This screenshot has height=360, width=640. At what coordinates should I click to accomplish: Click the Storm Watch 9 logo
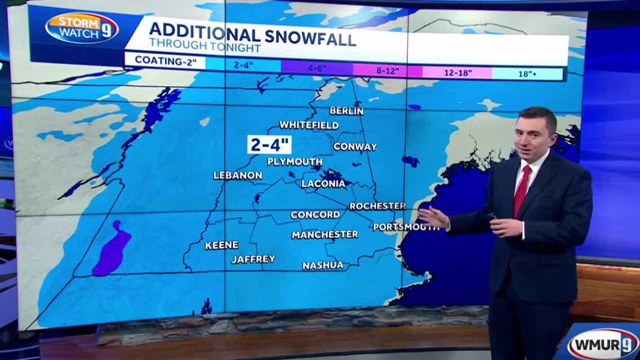(82, 28)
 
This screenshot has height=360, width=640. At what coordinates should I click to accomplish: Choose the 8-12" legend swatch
(387, 71)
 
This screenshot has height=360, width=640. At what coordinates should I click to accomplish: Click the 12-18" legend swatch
(457, 72)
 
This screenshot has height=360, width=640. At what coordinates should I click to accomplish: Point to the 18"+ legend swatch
(528, 73)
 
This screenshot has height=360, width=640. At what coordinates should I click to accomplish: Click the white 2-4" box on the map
(269, 144)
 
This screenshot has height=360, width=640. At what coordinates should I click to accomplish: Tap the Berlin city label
(346, 111)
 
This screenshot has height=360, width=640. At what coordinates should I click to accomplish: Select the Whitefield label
(309, 125)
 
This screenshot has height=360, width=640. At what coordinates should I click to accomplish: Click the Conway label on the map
(355, 146)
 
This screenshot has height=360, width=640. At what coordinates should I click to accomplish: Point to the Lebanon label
(237, 175)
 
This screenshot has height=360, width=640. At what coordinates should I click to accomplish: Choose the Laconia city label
(323, 184)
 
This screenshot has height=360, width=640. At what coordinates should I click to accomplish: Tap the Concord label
(315, 215)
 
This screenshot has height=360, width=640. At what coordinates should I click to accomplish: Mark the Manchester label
(325, 234)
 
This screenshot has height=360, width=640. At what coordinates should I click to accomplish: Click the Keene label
(221, 245)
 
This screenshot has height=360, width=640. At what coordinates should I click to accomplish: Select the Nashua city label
(322, 265)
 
